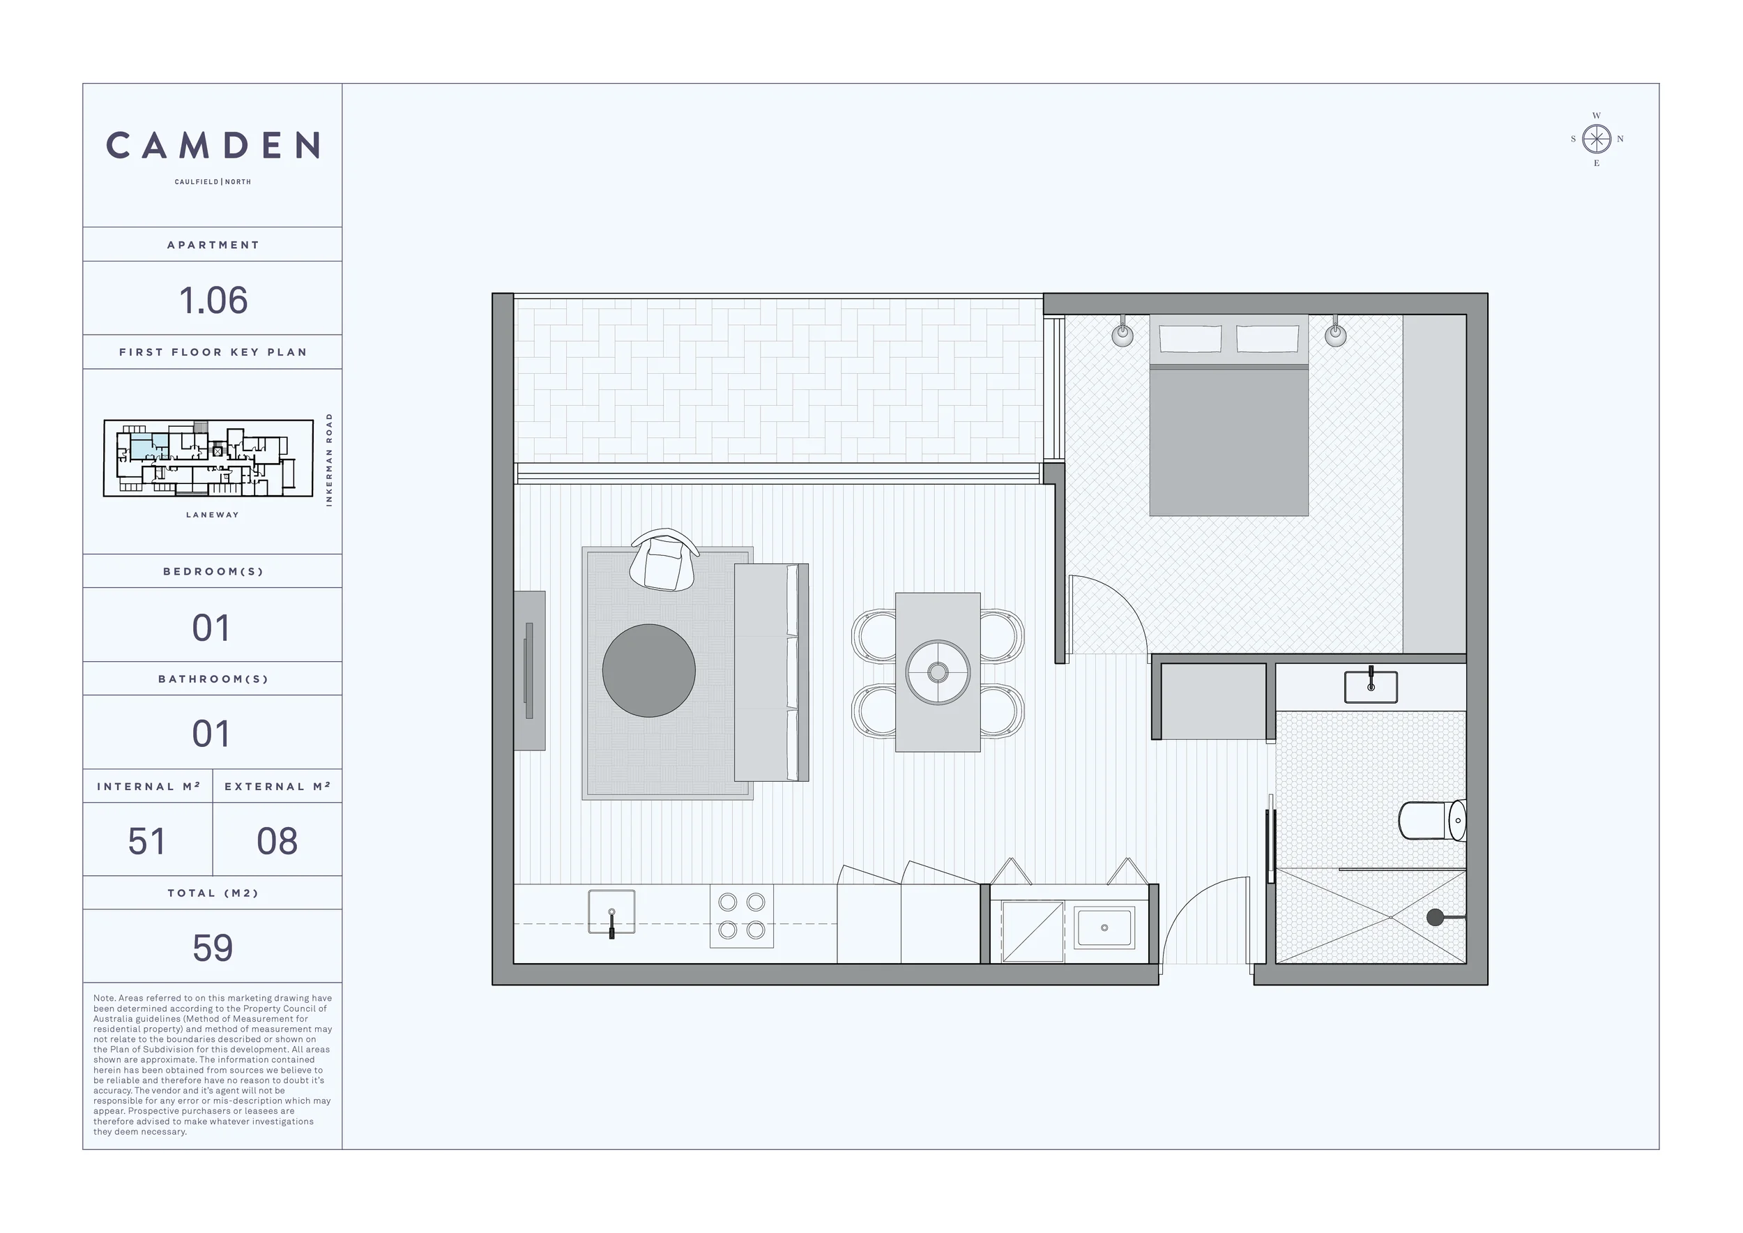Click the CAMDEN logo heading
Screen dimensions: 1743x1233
[213, 145]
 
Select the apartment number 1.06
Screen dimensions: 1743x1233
[213, 301]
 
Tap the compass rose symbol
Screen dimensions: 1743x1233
[1597, 139]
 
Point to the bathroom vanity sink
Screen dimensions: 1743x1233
[1371, 686]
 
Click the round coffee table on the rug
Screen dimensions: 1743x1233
[649, 670]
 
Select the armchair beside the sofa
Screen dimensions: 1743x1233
[664, 560]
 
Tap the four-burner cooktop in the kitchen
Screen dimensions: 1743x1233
[742, 916]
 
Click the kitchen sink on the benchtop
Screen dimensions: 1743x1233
[612, 911]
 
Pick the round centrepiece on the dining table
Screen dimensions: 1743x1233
[938, 673]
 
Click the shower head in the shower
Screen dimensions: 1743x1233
[1436, 917]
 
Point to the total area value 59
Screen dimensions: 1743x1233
[213, 948]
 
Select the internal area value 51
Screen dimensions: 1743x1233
[147, 841]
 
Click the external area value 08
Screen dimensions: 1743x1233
[277, 841]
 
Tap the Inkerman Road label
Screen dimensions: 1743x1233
[328, 460]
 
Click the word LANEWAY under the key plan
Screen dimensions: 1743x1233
[213, 515]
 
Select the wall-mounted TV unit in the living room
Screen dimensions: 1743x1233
[530, 670]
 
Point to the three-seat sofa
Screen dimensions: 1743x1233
[771, 673]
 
